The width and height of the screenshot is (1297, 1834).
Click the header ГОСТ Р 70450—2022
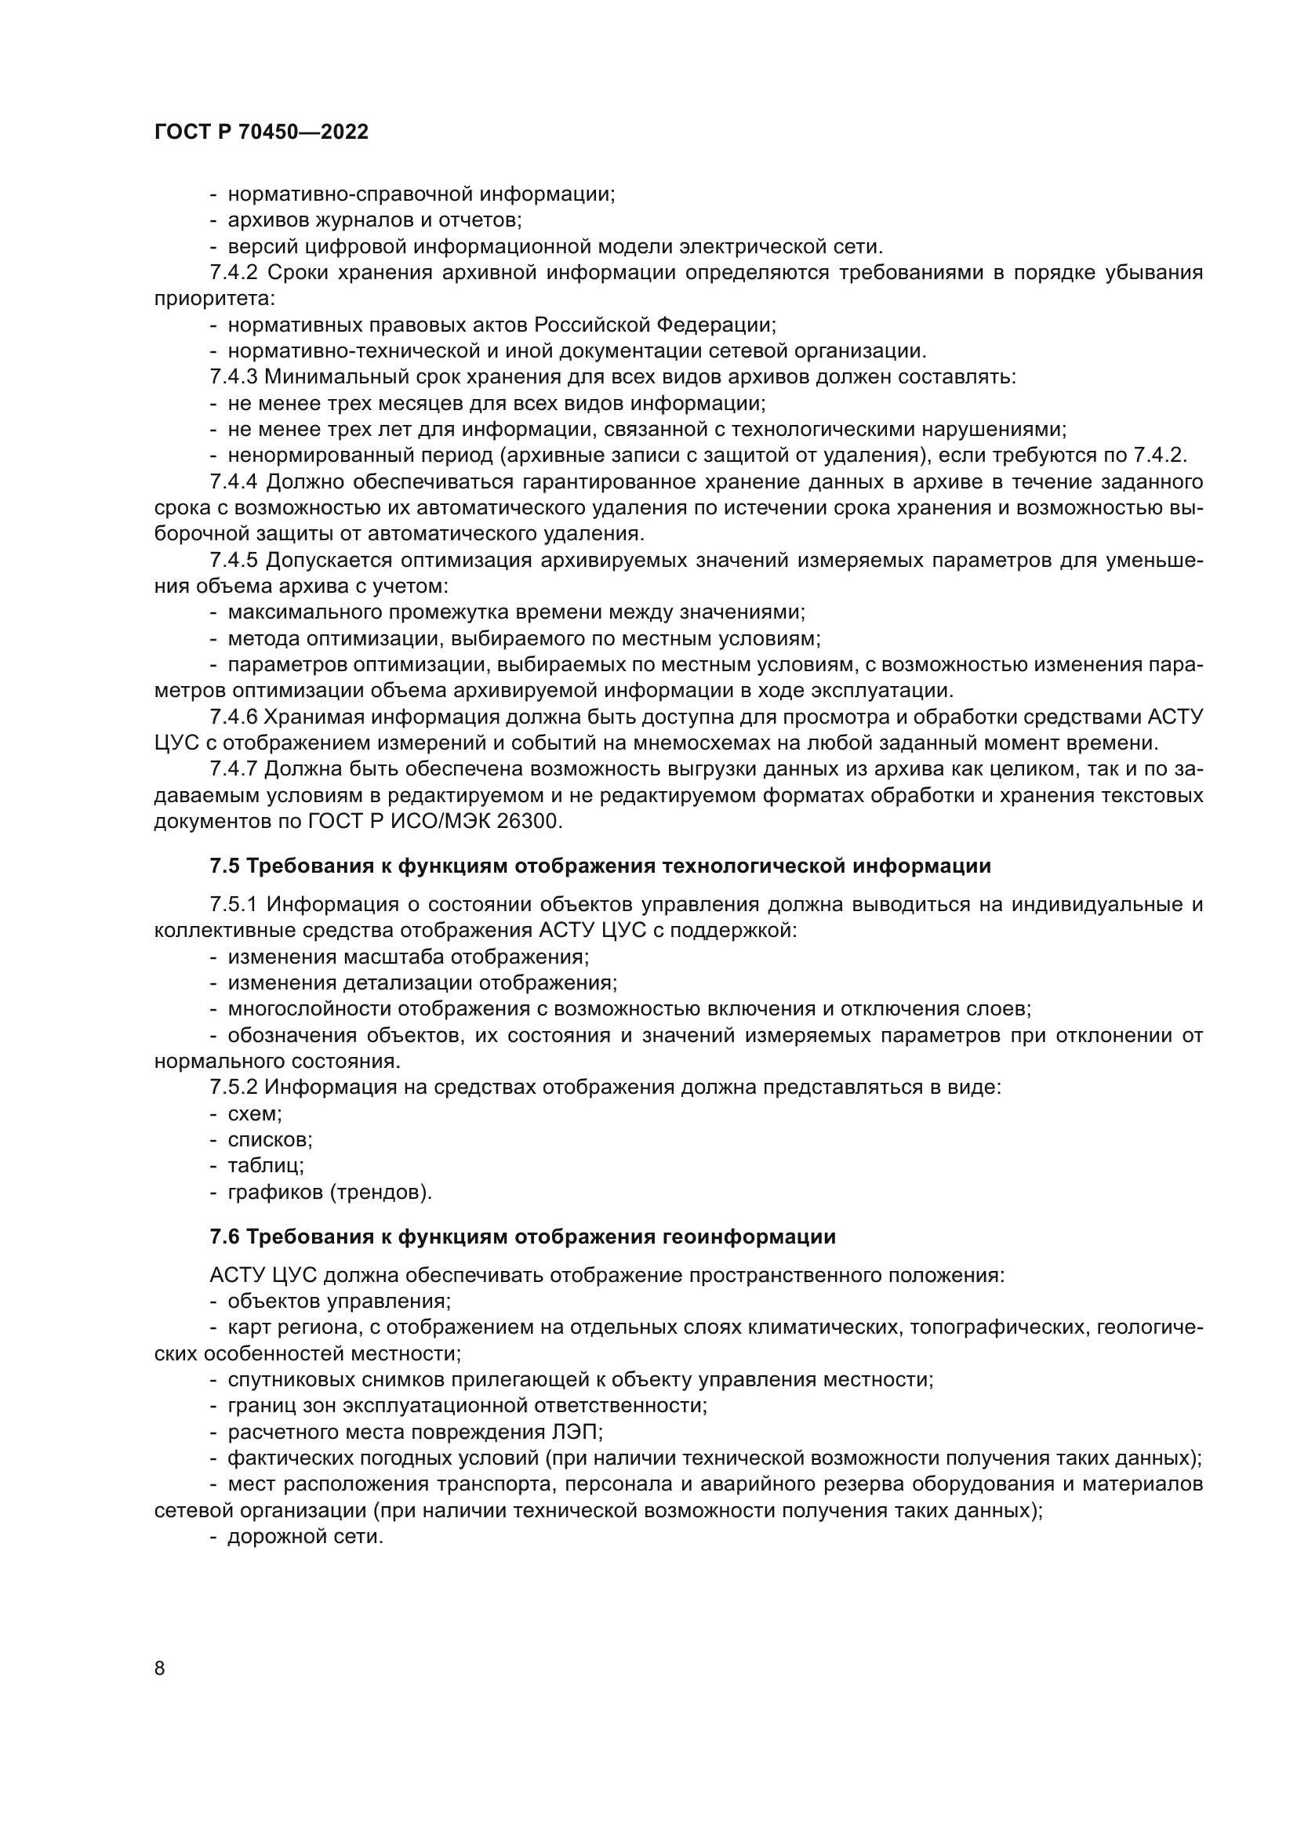pyautogui.click(x=261, y=133)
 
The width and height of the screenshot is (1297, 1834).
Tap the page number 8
pyautogui.click(x=160, y=1668)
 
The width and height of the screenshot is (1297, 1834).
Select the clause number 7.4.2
pyautogui.click(x=233, y=273)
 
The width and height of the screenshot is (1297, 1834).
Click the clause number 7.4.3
pyautogui.click(x=233, y=377)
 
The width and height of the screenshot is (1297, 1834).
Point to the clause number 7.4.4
pyautogui.click(x=233, y=481)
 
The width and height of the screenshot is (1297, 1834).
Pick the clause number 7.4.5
pyautogui.click(x=233, y=560)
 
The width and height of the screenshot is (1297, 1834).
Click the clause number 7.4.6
pyautogui.click(x=233, y=717)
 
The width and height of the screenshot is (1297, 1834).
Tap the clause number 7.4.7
pyautogui.click(x=233, y=769)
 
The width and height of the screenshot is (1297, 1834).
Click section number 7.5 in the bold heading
pyautogui.click(x=224, y=866)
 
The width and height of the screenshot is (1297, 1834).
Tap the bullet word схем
pyautogui.click(x=254, y=1113)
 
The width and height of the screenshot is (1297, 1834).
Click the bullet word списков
pyautogui.click(x=269, y=1140)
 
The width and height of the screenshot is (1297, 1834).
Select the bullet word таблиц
pyautogui.click(x=265, y=1165)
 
